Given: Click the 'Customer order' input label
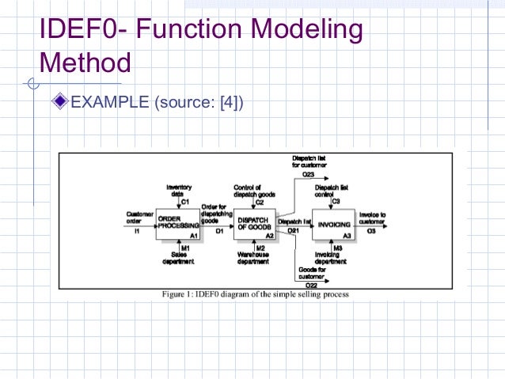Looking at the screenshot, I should point(140,217).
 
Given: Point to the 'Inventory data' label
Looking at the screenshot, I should point(179,191).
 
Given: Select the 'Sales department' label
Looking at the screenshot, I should point(179,258).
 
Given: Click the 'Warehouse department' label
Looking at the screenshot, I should point(255,258).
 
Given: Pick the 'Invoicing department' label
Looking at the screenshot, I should point(331,258).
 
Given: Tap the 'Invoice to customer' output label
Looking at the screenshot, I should point(372,218).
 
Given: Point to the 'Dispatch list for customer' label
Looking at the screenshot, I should point(309,161).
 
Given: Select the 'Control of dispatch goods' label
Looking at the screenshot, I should point(254,191).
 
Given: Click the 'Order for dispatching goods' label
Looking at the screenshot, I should point(215,212).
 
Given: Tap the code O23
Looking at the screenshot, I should point(309,173).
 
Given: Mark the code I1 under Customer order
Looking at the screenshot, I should point(137,231).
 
